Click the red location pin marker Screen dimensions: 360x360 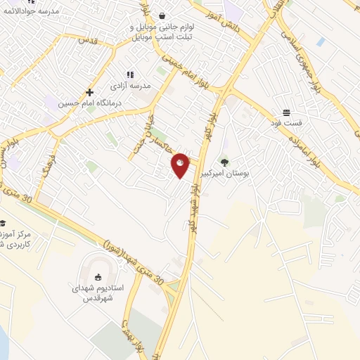click(181, 165)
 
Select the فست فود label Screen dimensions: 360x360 click(287, 122)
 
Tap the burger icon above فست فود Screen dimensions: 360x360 click(287, 112)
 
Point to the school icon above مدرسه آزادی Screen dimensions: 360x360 click(130, 75)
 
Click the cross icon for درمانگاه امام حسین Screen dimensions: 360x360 click(89, 92)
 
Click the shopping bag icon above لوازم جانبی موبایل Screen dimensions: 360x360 click(162, 15)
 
